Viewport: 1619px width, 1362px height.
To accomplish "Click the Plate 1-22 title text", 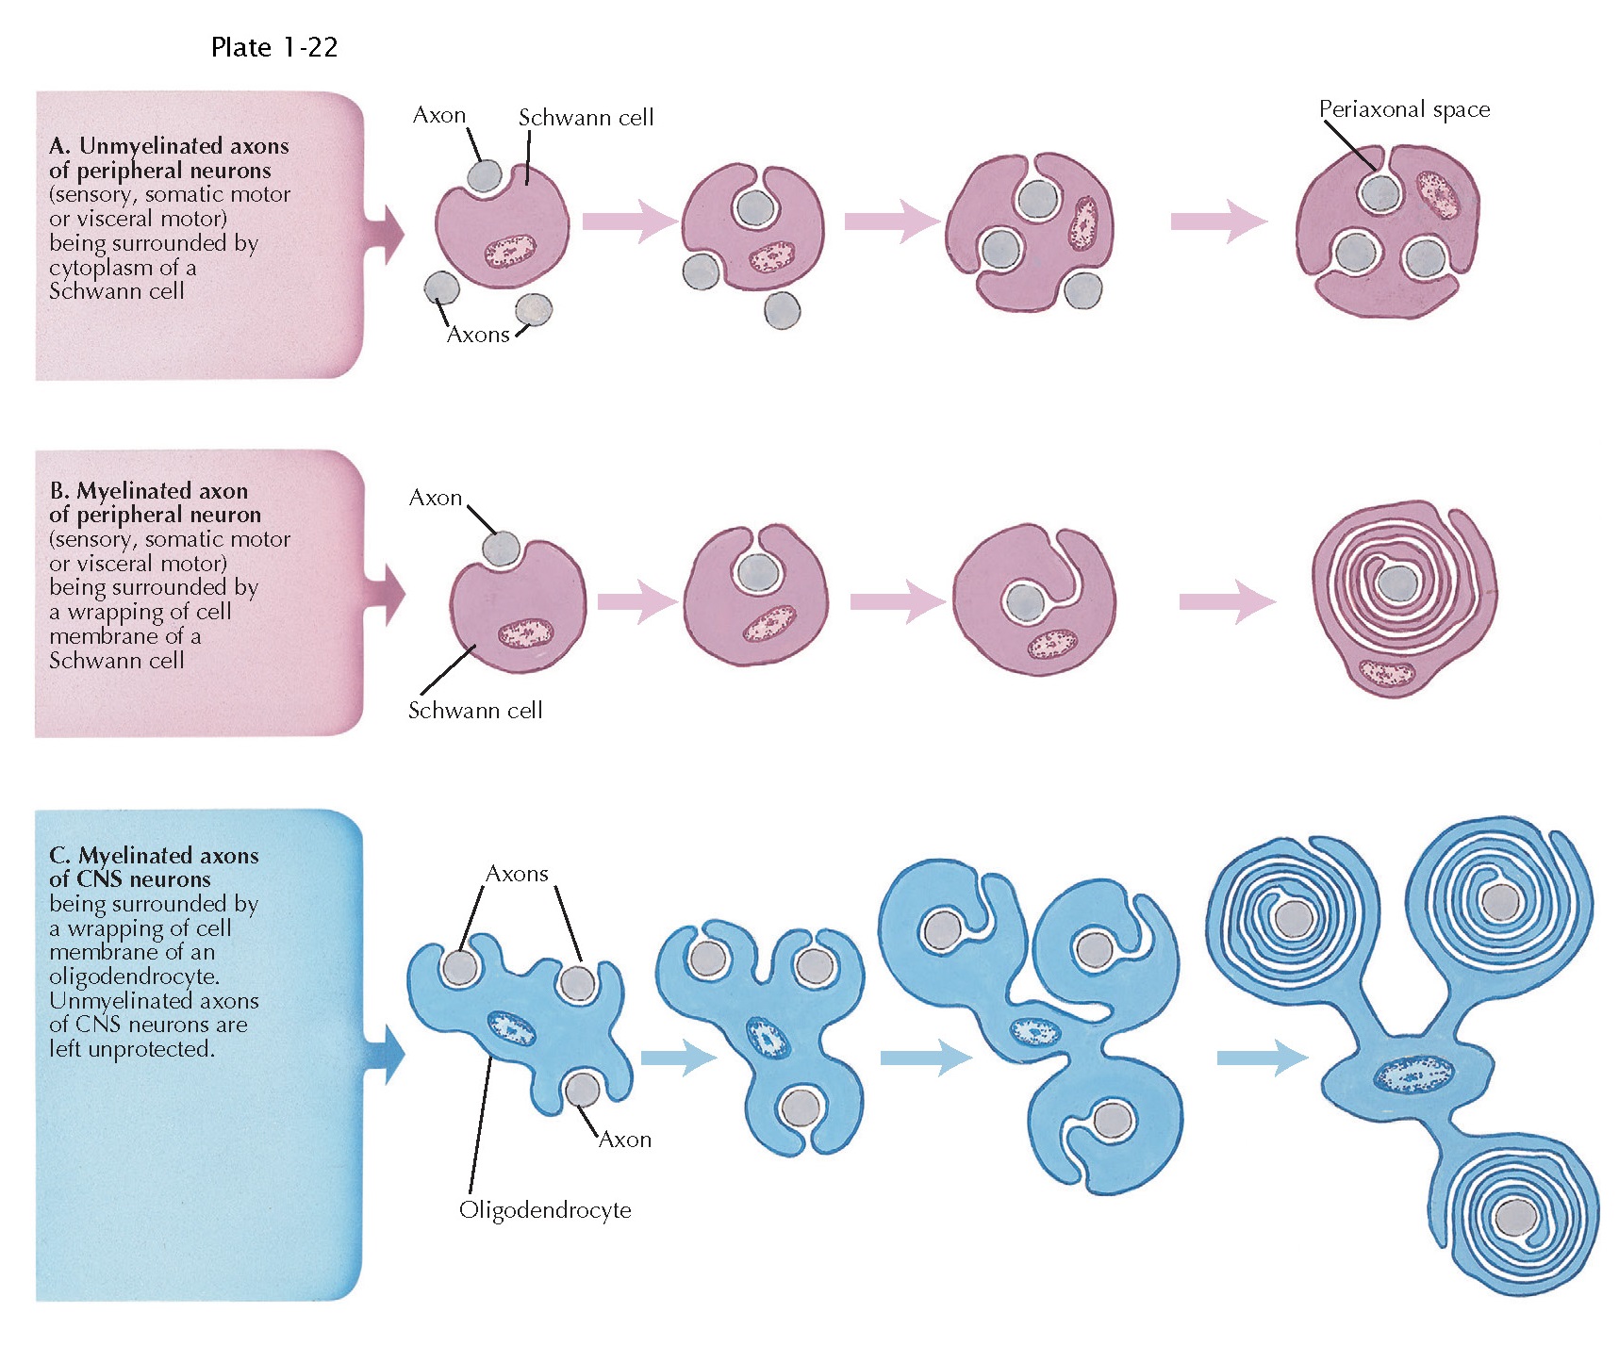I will click(x=273, y=48).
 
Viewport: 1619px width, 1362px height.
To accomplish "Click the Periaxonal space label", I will click(x=1404, y=110).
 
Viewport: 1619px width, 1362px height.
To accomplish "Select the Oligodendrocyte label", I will click(x=545, y=1210).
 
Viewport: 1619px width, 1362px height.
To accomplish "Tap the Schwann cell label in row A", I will click(x=586, y=118).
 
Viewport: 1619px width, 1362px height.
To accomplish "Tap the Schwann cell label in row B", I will click(x=475, y=711).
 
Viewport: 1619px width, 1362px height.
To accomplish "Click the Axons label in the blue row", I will click(x=517, y=874).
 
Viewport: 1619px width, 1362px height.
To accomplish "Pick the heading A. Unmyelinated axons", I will click(x=169, y=146).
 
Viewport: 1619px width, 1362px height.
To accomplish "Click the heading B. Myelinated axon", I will click(x=149, y=491).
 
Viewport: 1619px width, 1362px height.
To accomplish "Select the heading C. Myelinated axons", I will click(x=154, y=856).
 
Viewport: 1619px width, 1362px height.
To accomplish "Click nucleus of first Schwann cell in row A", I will click(x=510, y=252).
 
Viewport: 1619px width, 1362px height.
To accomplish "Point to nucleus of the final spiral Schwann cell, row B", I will click(x=1386, y=672).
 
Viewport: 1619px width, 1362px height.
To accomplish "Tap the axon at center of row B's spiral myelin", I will click(x=1396, y=583).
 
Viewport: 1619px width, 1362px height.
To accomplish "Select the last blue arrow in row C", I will click(x=1262, y=1058).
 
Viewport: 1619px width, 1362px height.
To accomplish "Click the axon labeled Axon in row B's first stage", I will click(x=501, y=548).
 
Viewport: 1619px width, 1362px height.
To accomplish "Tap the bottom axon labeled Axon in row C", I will click(x=582, y=1091).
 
